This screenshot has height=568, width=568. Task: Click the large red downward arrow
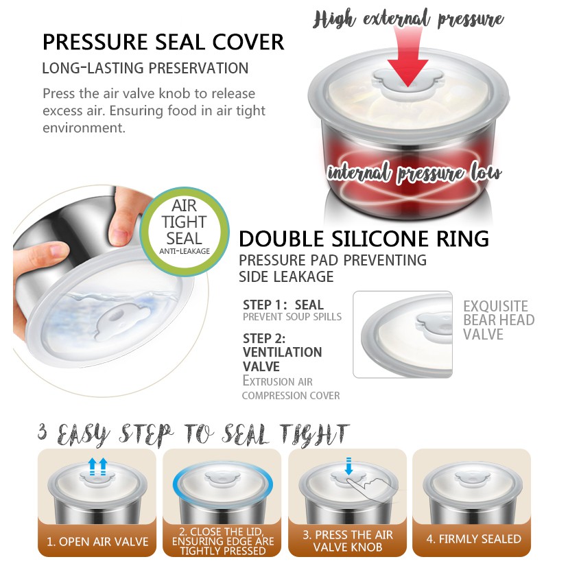coord(408,58)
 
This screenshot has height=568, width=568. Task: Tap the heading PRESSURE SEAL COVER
coord(163,42)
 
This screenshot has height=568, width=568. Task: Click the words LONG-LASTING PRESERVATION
coord(145,68)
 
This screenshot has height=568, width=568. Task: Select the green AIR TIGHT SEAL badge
coord(185,231)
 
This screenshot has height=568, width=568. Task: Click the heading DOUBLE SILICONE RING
coord(364,239)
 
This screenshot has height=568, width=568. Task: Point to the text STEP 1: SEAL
coord(283,305)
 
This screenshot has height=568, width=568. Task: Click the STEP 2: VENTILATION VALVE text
coord(282,352)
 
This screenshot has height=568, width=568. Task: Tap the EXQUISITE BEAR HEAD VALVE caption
coord(499,320)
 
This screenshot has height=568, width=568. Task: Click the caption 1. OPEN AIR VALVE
coord(97,541)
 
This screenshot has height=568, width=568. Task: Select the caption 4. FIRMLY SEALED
coord(473,539)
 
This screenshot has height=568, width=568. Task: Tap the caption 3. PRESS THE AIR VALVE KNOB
coord(348,541)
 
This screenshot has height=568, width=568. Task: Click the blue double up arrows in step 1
coord(98,466)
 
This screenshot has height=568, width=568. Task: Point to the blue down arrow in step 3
coord(348,466)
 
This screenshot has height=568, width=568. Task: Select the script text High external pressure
coord(408,19)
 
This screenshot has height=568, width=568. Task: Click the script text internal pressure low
coord(414,173)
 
